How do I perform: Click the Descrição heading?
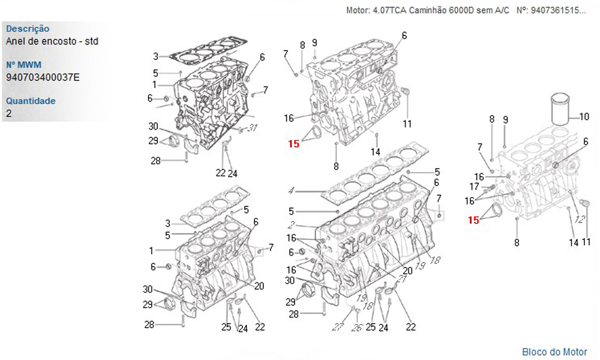28,29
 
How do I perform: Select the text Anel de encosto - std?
52,41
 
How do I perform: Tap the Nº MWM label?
24,65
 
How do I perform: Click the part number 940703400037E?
43,77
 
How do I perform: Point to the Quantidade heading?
31,101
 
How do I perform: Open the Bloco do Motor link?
554,352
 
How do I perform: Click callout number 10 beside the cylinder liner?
584,116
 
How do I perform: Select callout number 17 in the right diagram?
474,187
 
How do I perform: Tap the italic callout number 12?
580,219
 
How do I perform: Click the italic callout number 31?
252,128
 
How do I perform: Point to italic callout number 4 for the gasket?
291,191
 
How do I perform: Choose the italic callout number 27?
337,327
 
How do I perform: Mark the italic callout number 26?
356,328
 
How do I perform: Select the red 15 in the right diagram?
473,220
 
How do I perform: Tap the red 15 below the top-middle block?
293,144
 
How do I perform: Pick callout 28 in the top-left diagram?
156,161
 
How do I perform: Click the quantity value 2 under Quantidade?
9,113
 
